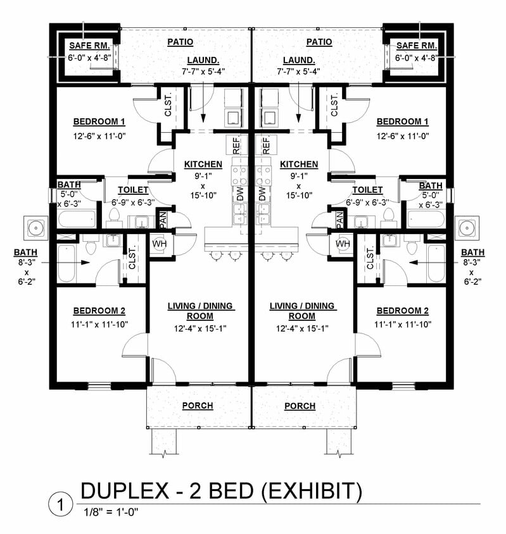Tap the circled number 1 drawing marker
pyautogui.click(x=60, y=505)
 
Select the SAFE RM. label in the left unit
pyautogui.click(x=89, y=46)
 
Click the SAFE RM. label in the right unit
pyautogui.click(x=416, y=46)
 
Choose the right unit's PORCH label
pyautogui.click(x=300, y=406)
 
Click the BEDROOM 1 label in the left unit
pyautogui.click(x=99, y=121)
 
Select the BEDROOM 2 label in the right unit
pyautogui.click(x=402, y=311)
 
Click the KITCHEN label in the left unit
pyautogui.click(x=203, y=165)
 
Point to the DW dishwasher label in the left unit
pyautogui.click(x=239, y=194)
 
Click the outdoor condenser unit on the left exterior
pyautogui.click(x=35, y=226)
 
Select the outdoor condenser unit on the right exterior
pyautogui.click(x=469, y=226)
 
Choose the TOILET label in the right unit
pyautogui.click(x=367, y=190)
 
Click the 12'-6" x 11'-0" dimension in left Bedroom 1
pyautogui.click(x=99, y=136)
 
